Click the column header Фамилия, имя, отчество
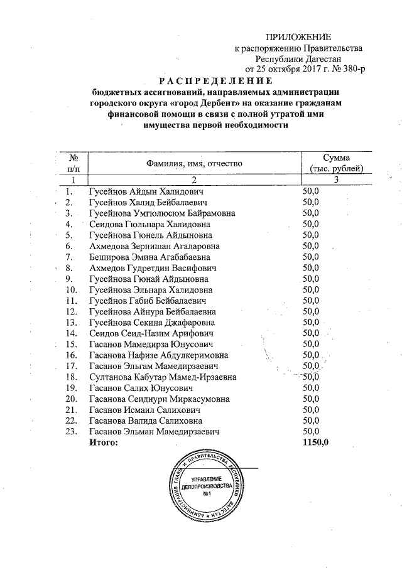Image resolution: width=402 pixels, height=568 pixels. point(194,163)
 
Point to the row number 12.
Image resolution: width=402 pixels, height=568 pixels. point(71,312)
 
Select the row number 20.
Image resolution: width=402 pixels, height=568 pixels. point(71,399)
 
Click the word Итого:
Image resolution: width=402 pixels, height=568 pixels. point(104,443)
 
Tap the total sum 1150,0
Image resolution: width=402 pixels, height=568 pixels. point(315,443)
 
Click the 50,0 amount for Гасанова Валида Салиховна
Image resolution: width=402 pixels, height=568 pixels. point(311,421)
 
